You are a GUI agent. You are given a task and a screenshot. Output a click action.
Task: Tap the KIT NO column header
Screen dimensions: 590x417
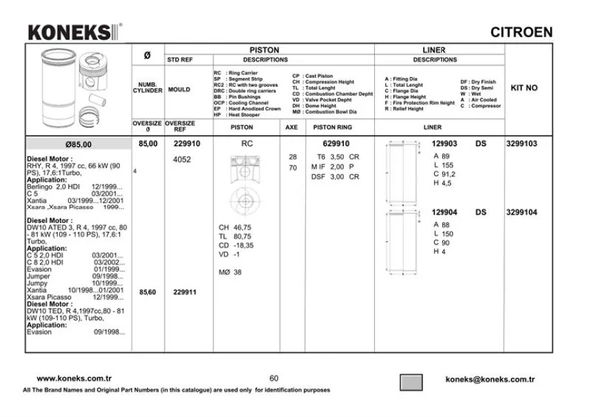click(523, 88)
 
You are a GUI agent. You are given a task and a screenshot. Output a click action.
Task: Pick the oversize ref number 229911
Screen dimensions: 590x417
click(186, 291)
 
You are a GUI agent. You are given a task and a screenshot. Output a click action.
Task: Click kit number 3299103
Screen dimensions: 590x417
click(521, 144)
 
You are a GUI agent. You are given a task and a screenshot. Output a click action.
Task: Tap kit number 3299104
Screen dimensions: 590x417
click(521, 211)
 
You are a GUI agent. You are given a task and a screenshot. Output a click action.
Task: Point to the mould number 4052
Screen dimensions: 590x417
click(183, 159)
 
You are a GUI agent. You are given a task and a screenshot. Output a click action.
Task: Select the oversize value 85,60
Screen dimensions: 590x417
click(147, 291)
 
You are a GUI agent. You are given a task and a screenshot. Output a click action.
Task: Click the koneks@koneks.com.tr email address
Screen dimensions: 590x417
click(491, 379)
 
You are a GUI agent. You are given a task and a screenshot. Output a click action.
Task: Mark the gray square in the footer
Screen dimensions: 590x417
click(412, 382)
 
